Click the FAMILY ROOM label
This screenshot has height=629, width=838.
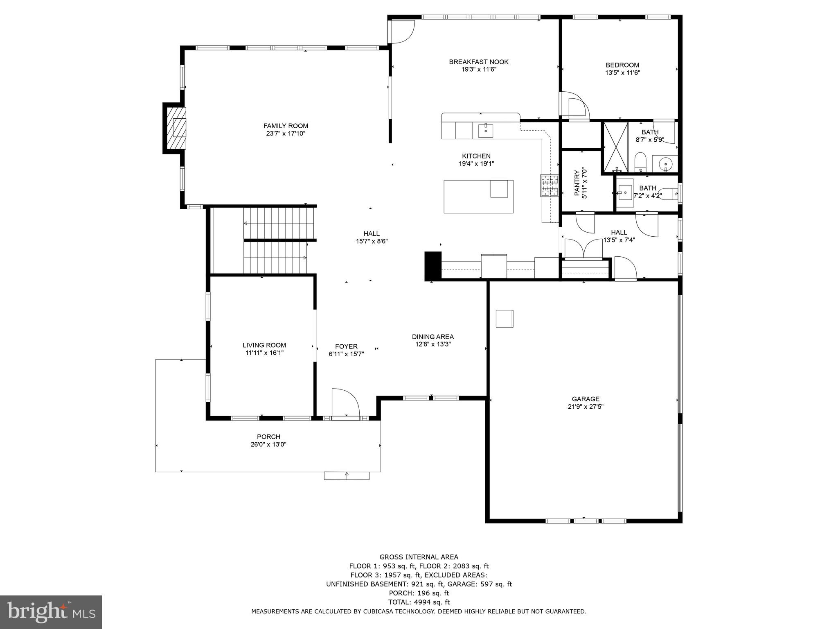pos(286,126)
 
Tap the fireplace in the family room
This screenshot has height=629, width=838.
pos(175,128)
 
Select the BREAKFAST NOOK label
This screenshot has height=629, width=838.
pos(479,62)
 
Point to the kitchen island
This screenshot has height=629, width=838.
pos(478,197)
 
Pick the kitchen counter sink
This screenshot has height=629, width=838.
pos(486,131)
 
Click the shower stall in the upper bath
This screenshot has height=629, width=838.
pos(616,146)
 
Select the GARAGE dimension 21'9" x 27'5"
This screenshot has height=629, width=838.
pos(586,407)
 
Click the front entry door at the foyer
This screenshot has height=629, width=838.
pos(345,403)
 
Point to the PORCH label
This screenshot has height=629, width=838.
pos(268,437)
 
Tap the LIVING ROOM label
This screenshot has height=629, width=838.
pos(264,345)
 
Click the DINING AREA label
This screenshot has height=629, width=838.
pos(433,337)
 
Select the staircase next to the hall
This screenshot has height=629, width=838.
pos(275,240)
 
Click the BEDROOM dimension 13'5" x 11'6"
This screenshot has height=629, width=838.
pos(622,73)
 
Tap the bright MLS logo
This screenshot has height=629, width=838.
pos(51,612)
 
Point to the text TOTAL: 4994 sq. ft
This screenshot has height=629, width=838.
pos(419,602)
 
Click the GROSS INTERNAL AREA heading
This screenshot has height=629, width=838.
pos(419,557)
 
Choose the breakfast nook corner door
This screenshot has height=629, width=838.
pos(401,31)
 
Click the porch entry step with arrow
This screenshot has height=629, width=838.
pos(347,475)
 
